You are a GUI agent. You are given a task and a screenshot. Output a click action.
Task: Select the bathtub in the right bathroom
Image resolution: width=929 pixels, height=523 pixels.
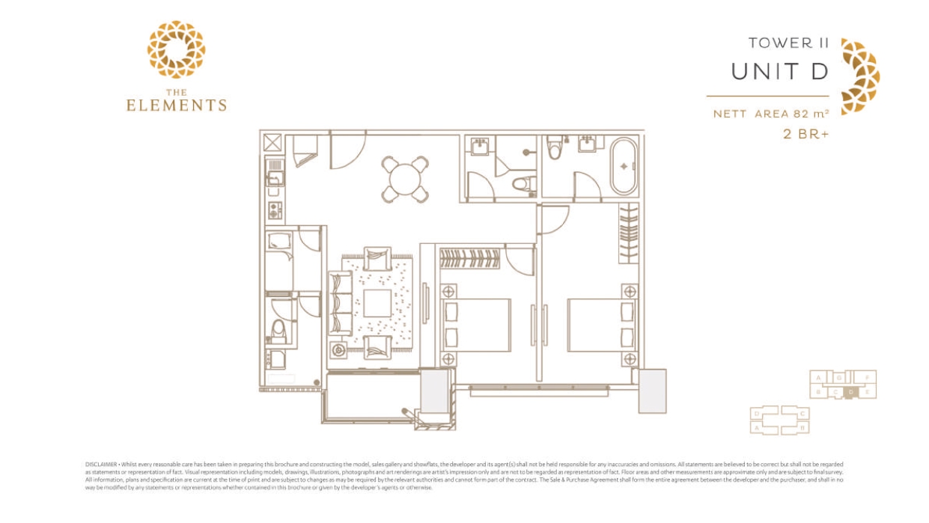pos(624,166)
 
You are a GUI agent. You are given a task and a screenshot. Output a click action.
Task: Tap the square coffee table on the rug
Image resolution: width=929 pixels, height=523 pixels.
pos(377,304)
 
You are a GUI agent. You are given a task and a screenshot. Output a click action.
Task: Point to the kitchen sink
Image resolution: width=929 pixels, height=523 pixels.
pos(275,179)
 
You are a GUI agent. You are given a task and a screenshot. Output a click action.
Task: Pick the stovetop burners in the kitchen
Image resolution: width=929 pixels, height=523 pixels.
pos(275,210)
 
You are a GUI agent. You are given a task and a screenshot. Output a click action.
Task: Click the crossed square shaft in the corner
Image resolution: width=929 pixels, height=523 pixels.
pos(271,144)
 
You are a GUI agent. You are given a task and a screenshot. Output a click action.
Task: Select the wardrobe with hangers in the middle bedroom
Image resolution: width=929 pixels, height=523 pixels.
pos(469,259)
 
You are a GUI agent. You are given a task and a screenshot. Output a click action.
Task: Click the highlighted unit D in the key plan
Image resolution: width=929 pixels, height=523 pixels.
pos(851,392)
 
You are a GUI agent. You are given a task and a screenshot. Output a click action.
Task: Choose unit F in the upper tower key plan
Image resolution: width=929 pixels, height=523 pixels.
pos(866,378)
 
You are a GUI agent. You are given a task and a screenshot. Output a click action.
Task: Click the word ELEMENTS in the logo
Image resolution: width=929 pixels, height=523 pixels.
pos(176,105)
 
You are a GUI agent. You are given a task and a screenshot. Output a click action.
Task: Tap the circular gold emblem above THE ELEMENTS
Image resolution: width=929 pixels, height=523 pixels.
pos(176,50)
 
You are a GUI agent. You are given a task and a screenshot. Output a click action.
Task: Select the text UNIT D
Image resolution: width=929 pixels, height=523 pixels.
pos(779,72)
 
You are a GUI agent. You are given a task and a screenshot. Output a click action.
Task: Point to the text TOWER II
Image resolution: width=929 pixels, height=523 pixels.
pos(788,43)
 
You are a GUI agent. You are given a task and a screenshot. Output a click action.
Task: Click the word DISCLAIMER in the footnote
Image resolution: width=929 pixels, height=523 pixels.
pos(101,465)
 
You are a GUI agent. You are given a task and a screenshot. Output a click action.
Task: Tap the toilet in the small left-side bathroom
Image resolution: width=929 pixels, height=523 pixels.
pos(278,329)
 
